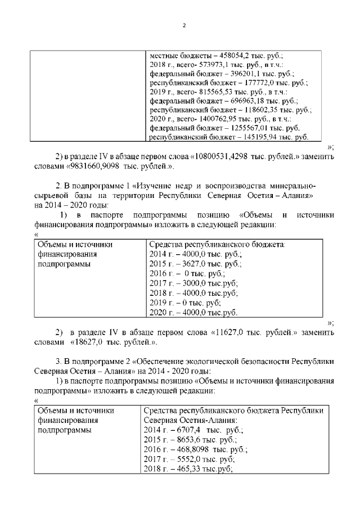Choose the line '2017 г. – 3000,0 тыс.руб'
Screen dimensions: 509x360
pos(193,283)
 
